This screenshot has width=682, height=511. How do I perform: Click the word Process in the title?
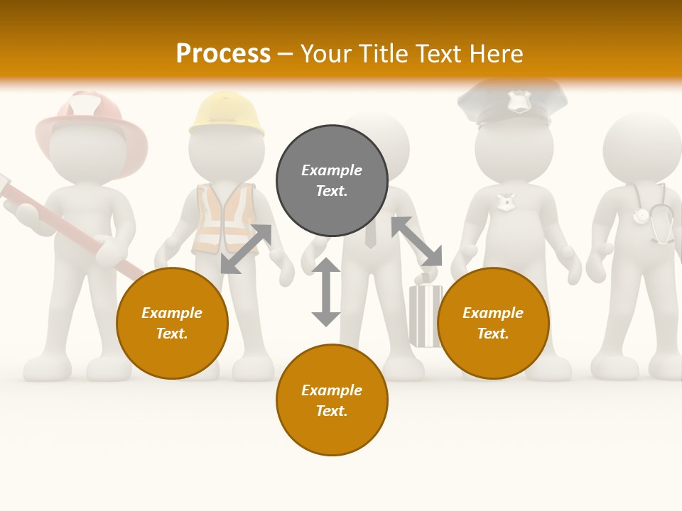tap(223, 53)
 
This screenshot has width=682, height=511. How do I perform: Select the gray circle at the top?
tap(332, 181)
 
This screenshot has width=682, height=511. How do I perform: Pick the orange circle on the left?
tap(172, 323)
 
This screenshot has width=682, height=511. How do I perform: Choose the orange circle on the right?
tap(493, 323)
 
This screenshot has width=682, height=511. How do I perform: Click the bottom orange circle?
tap(332, 400)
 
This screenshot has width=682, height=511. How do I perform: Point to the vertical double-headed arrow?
tap(326, 292)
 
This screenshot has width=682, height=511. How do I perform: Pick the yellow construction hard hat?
tap(227, 114)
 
